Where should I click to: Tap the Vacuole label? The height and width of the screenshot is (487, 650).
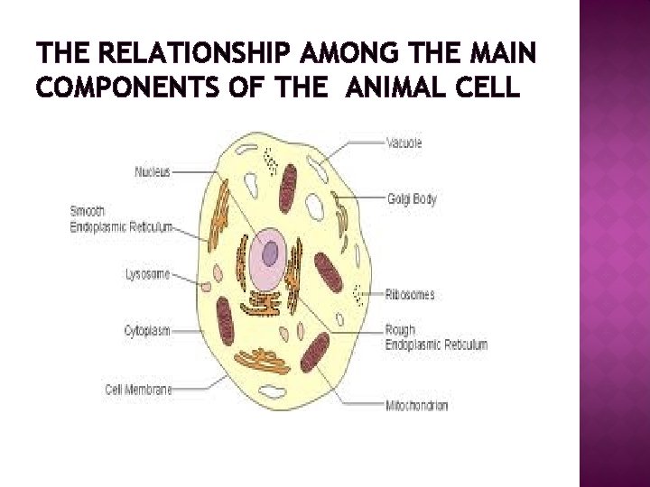coord(404,142)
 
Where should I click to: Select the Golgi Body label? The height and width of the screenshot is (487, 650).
coord(412,199)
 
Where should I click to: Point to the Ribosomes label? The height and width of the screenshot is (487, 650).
coord(411,293)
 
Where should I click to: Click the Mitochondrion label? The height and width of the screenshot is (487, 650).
coord(416,406)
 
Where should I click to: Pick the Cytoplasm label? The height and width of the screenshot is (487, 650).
coord(147,331)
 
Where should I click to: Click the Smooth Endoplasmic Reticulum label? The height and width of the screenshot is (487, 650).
coord(134,219)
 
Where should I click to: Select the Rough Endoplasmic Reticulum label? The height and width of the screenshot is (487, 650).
coord(435,337)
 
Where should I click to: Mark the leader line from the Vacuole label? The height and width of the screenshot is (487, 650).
coord(352,143)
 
